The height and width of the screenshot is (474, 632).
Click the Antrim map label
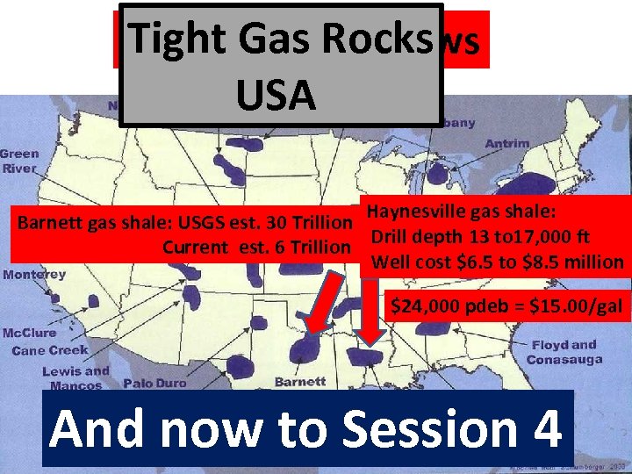click(506, 144)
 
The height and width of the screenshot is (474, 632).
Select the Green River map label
click(19, 160)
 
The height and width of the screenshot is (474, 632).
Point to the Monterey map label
click(34, 275)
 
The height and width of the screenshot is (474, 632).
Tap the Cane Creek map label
click(50, 350)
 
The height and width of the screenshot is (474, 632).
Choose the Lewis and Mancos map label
click(75, 377)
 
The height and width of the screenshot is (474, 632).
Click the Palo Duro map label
click(155, 384)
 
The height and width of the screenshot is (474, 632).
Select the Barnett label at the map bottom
click(300, 382)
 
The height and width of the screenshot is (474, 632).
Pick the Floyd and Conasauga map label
click(564, 352)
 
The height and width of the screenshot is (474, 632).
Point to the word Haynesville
click(416, 211)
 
